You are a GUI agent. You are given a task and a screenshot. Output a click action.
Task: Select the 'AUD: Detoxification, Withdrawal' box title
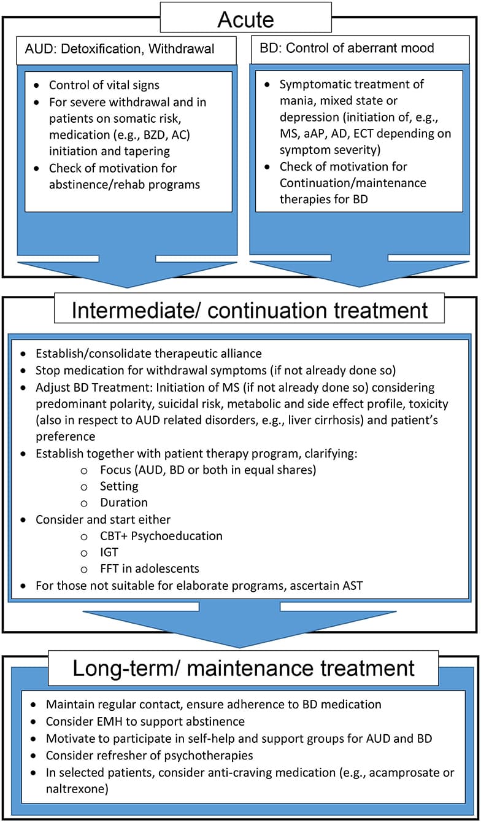coord(121,49)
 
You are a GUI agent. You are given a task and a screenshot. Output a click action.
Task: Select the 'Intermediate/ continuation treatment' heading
coord(248,309)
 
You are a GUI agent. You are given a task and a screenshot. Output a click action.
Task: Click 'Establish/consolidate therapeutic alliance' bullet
coord(140,354)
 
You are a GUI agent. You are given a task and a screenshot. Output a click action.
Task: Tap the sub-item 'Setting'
coord(119,486)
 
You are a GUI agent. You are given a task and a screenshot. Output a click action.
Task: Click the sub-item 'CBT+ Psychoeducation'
coord(161,535)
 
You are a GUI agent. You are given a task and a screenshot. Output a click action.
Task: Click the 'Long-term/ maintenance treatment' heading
coord(244,667)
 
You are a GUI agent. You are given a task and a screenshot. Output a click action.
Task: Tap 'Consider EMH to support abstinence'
coord(145,721)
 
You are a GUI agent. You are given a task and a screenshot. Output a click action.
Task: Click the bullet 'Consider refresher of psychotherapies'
coord(150,754)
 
